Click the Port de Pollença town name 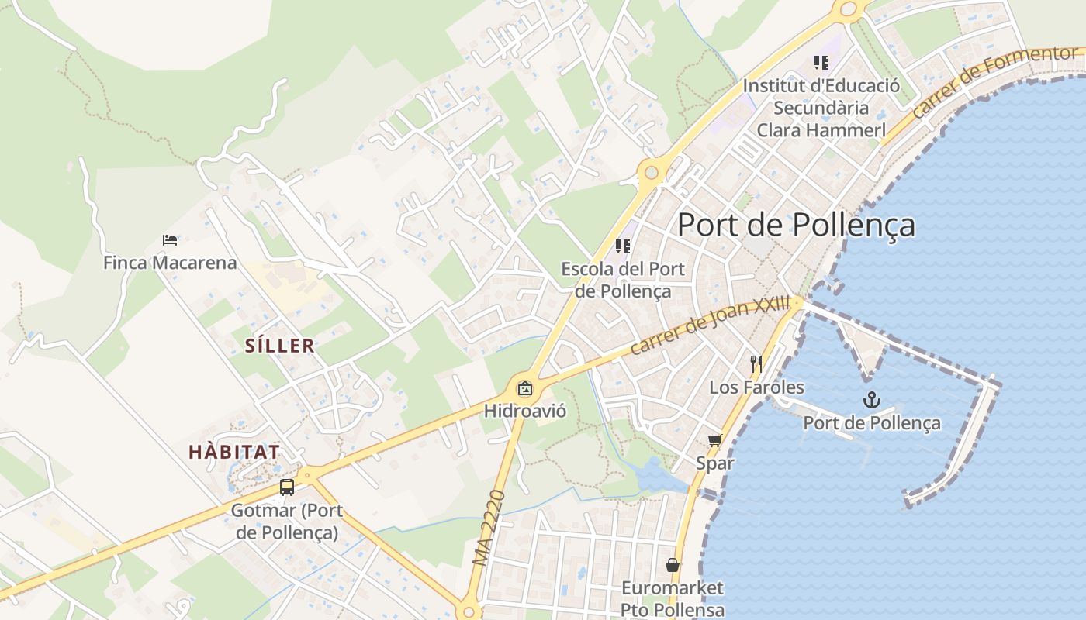pos(796,225)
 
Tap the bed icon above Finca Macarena pos(170,240)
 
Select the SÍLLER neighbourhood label pos(280,346)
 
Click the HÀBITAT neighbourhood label pos(234,452)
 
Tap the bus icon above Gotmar pos(287,487)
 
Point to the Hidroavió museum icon pos(525,388)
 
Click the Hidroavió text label pos(525,411)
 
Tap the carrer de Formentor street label pos(996,82)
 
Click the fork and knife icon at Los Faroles pos(756,363)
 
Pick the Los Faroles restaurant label pos(756,387)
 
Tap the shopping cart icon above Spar pos(714,441)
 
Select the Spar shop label pos(714,463)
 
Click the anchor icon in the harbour pos(872,400)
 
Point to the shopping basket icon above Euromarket pos(673,566)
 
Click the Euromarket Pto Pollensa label pos(673,598)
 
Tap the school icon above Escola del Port pos(622,246)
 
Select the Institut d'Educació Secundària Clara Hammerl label pos(821,108)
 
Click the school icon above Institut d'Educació pos(821,63)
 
